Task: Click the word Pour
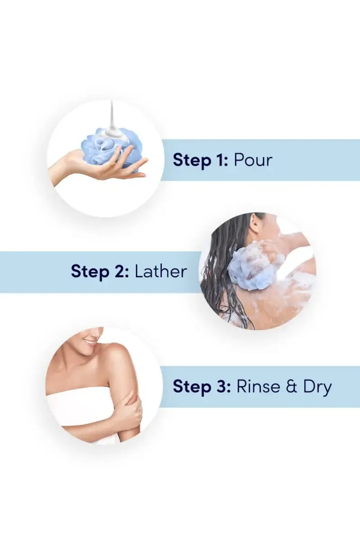[253, 160]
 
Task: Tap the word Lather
[161, 271]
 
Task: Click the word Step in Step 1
[192, 161]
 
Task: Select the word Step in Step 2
[90, 272]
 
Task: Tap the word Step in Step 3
[192, 387]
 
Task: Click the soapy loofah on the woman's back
[253, 268]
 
